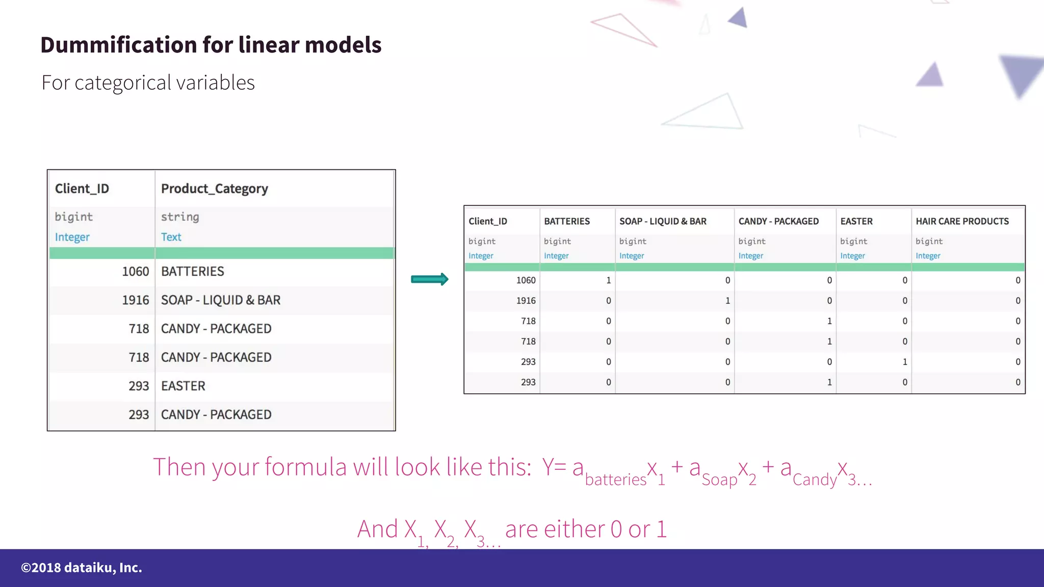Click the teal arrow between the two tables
coord(429,279)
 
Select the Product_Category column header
coord(214,189)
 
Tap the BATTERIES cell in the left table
coord(193,272)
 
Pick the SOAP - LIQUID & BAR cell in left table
coord(221,300)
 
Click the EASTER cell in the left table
coord(183,386)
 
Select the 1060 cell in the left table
coord(135,272)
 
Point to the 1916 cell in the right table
coord(526,301)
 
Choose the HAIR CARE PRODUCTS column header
coord(962,221)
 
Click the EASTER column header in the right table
coord(856,221)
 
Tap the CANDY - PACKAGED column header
coord(778,221)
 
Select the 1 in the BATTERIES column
coord(608,280)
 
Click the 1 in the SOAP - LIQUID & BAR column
coord(727,301)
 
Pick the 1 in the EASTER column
coord(905,362)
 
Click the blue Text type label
coord(171,237)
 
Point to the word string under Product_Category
coord(180,217)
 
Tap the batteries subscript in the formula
coord(615,479)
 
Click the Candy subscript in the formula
coord(815,479)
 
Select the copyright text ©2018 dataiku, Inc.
coord(82,568)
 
